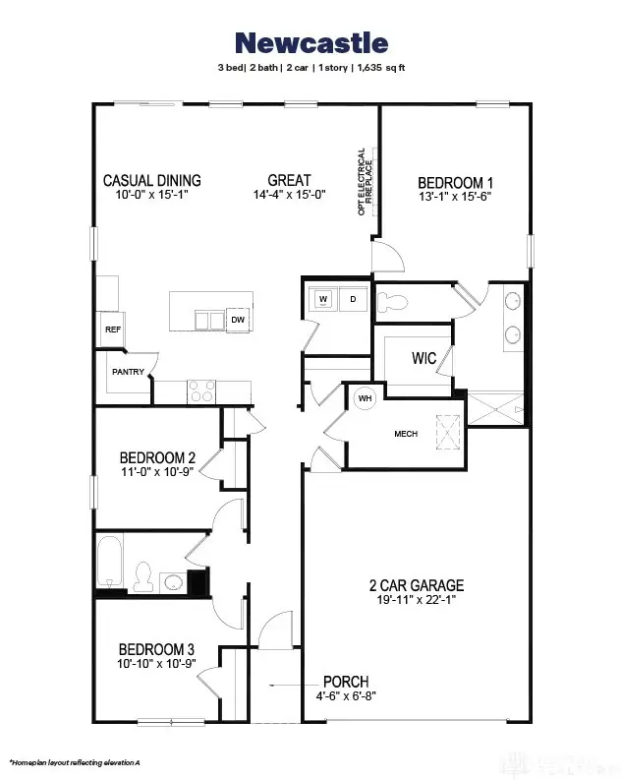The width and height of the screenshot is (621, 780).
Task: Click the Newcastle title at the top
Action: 310,43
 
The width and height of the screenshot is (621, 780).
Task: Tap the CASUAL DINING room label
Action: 152,181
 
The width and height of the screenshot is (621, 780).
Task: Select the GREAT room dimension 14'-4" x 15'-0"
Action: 289,196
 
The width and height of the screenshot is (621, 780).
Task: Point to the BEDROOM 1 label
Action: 455,183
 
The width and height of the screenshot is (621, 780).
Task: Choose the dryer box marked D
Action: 353,298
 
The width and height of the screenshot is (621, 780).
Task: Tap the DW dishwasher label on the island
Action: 238,320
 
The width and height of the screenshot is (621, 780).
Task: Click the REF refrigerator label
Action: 112,330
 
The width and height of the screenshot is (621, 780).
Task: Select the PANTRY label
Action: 128,372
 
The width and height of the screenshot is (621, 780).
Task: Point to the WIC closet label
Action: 423,358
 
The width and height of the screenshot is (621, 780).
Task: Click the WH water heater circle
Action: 364,398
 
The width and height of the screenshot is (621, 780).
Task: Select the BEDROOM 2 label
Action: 157,457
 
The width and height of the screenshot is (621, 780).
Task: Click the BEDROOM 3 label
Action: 156,649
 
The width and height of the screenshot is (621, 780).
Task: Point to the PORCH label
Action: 346,682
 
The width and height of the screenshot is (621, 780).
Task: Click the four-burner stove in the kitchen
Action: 200,391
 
